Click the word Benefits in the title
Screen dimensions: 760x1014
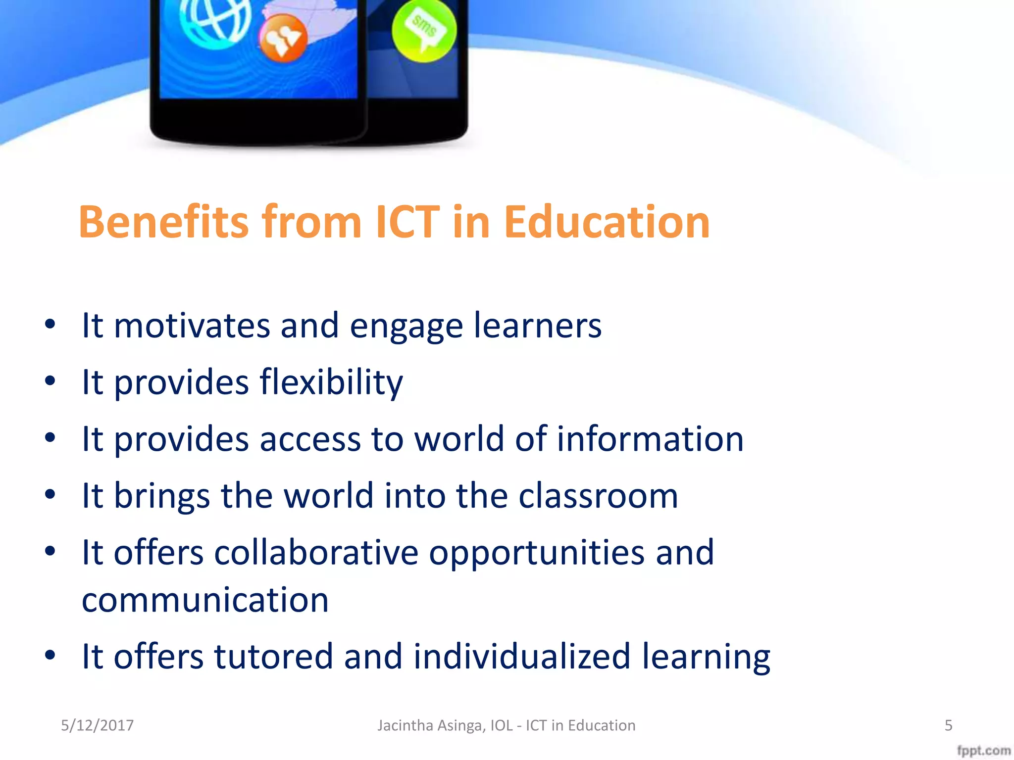pyautogui.click(x=163, y=222)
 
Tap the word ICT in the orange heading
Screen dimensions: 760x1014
pyautogui.click(x=407, y=222)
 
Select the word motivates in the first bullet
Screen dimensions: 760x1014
pyautogui.click(x=192, y=326)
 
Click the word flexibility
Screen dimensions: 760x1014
pyautogui.click(x=331, y=382)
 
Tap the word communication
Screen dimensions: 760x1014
pyautogui.click(x=205, y=600)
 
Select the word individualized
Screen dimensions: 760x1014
pyautogui.click(x=522, y=657)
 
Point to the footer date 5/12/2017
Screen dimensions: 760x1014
pyautogui.click(x=97, y=725)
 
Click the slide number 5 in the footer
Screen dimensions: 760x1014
pyautogui.click(x=948, y=725)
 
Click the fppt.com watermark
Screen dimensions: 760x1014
pyautogui.click(x=983, y=751)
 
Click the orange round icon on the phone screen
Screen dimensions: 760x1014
pyautogui.click(x=283, y=39)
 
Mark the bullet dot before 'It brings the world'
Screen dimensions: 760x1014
pyautogui.click(x=50, y=495)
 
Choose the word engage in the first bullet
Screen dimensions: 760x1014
pyautogui.click(x=406, y=327)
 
